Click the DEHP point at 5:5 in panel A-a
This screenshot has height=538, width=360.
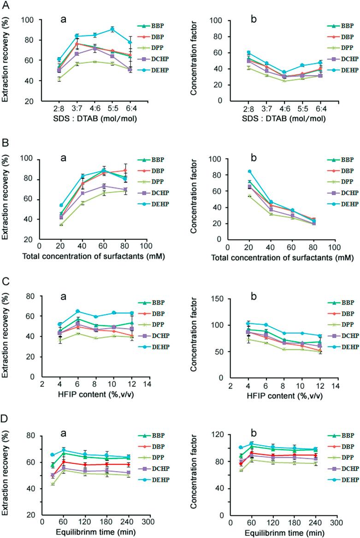112,30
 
